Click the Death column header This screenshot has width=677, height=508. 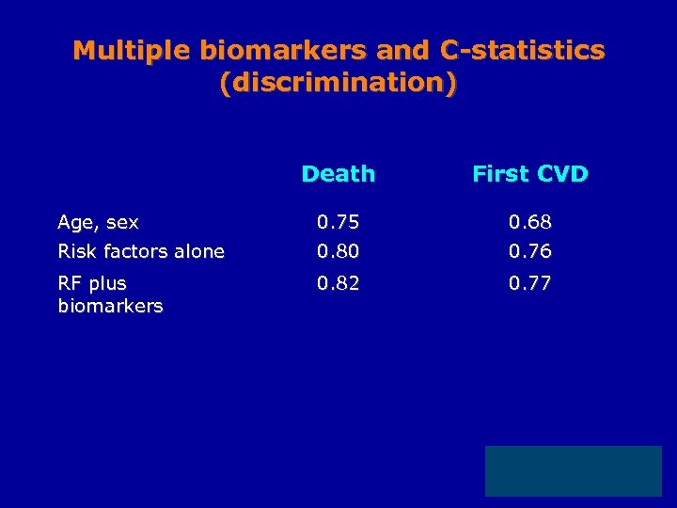(x=338, y=174)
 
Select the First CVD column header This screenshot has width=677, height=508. (x=529, y=174)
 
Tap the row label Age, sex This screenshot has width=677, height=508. (x=98, y=223)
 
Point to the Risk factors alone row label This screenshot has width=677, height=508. (x=141, y=251)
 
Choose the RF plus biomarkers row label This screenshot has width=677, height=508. (x=109, y=294)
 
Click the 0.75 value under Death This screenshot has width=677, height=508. (x=338, y=223)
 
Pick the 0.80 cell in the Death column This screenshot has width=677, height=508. (x=338, y=251)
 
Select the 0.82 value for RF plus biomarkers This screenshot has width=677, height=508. (x=338, y=282)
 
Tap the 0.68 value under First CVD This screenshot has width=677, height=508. (x=530, y=223)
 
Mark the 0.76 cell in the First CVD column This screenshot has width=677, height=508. (x=530, y=251)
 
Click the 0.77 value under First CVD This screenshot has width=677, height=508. (x=530, y=282)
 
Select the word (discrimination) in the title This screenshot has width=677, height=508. (x=338, y=83)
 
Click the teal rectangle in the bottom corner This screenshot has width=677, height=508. (x=573, y=471)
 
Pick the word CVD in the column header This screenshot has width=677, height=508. (x=562, y=174)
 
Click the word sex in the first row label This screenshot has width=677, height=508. (x=122, y=224)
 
